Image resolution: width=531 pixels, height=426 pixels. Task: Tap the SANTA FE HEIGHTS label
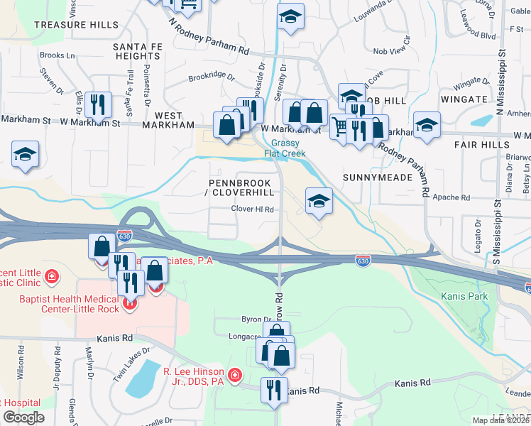pos(137,51)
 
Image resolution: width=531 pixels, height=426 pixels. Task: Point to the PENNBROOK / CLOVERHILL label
pos(241,187)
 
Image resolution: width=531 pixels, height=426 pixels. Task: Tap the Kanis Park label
pos(462,295)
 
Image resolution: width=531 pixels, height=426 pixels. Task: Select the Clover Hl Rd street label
pos(252,209)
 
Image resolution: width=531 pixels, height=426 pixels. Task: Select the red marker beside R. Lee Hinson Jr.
pos(234,373)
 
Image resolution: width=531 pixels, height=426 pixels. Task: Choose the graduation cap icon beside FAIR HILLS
pos(427,126)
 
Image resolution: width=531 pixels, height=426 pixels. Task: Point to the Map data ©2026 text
pos(500,420)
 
